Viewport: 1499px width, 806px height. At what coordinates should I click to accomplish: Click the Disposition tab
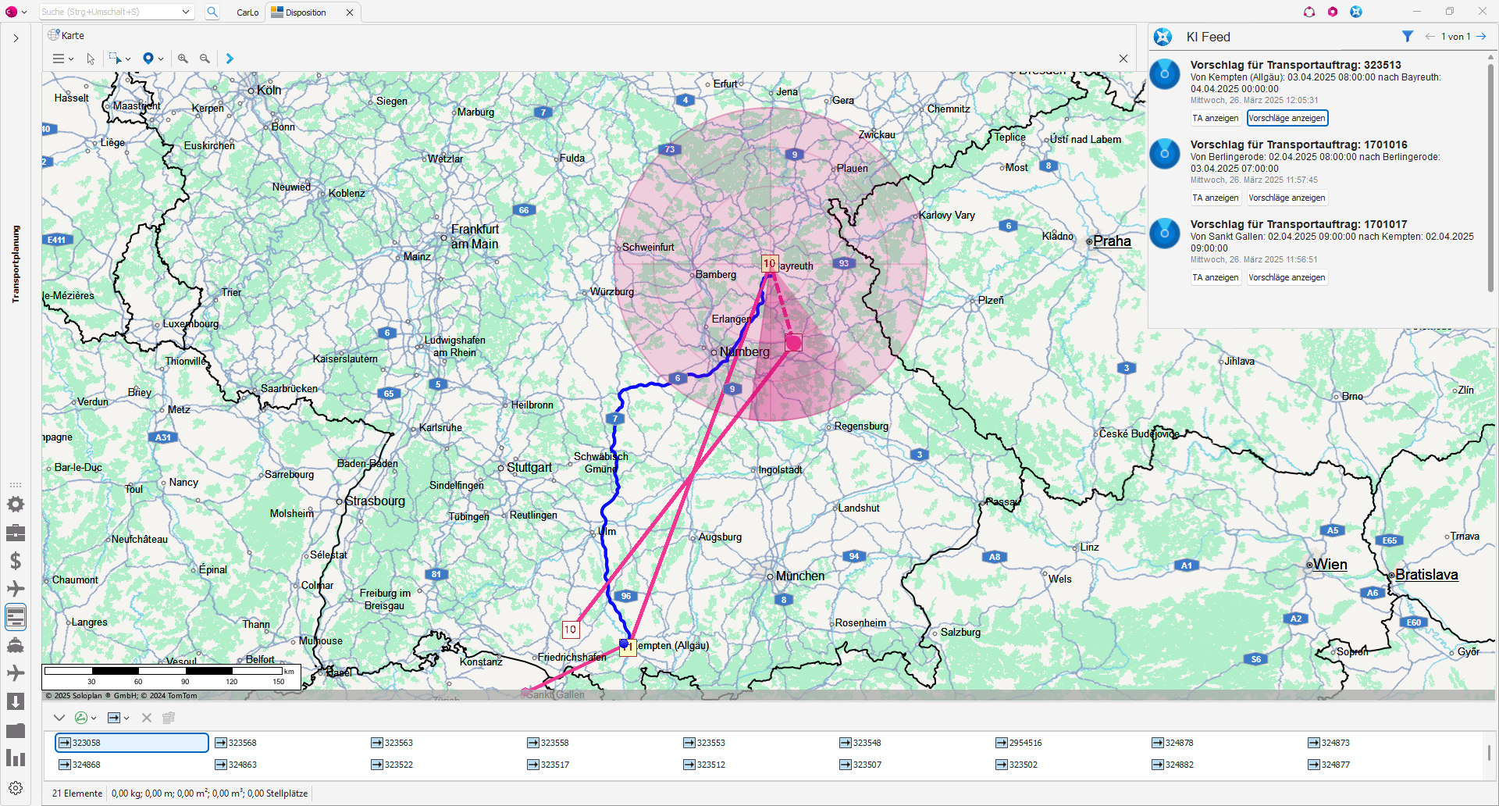click(305, 12)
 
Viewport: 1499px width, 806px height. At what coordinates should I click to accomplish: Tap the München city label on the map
click(799, 576)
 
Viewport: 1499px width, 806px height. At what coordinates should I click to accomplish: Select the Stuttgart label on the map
click(529, 467)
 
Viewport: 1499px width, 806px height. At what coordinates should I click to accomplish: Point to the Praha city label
click(1112, 241)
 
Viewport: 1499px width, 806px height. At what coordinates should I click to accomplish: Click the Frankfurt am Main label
click(475, 237)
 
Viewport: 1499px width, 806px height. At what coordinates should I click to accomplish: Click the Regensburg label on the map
click(861, 426)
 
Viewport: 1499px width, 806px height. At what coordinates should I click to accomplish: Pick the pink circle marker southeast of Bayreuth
click(793, 342)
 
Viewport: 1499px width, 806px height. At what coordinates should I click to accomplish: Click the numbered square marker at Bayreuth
click(770, 263)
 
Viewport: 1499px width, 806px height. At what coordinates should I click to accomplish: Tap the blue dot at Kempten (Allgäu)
click(624, 644)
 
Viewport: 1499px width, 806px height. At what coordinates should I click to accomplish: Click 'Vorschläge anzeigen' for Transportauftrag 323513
click(1287, 118)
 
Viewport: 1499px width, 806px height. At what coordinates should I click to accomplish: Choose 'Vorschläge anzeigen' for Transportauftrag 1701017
click(1287, 277)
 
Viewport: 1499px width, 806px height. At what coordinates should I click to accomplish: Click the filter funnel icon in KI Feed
click(1407, 37)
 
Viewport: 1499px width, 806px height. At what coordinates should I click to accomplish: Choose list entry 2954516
click(1025, 743)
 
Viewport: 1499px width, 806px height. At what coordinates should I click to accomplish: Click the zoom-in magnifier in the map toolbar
click(183, 59)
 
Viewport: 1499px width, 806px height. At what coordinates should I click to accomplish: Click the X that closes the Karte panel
click(1123, 59)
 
